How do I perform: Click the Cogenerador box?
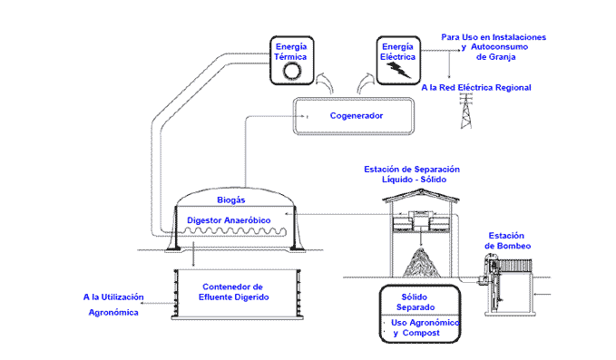pyautogui.click(x=355, y=116)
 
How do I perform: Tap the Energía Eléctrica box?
pyautogui.click(x=398, y=58)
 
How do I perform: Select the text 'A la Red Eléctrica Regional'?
pyautogui.click(x=476, y=88)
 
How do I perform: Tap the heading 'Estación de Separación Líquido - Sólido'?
pyautogui.click(x=413, y=174)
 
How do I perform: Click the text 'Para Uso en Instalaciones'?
pyautogui.click(x=493, y=36)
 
